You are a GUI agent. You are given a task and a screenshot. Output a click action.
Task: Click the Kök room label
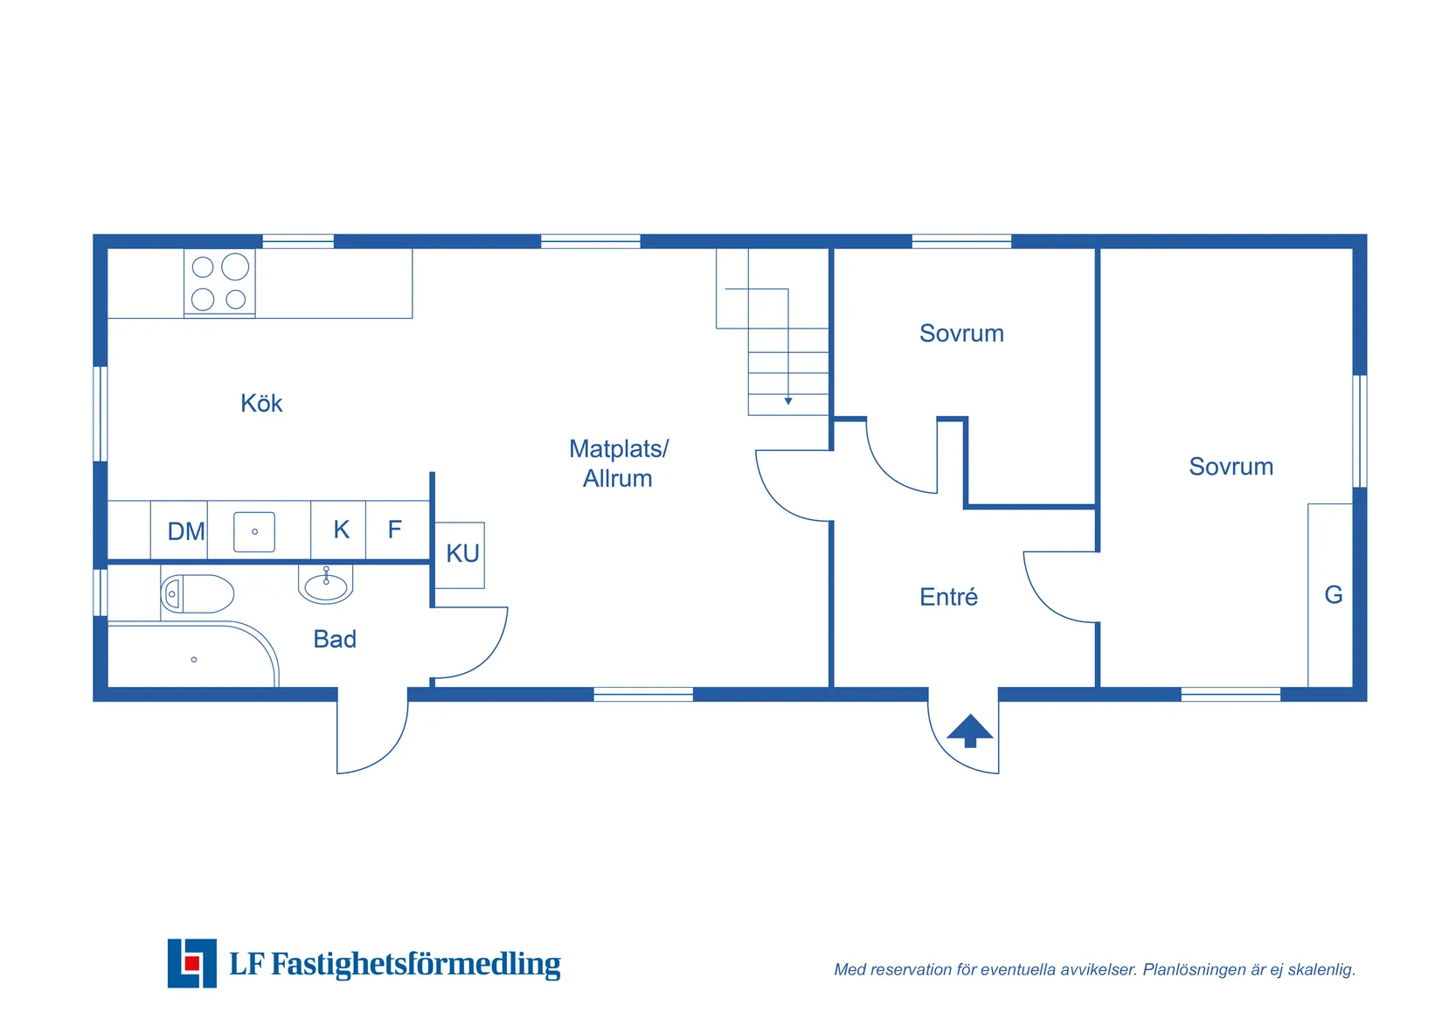tap(261, 404)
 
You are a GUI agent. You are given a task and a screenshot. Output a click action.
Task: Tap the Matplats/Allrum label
tap(619, 463)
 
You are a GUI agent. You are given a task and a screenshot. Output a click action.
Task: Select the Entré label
tap(948, 596)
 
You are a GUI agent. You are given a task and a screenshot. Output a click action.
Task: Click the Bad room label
tap(335, 639)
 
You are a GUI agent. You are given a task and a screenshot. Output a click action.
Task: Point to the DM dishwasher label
tap(186, 531)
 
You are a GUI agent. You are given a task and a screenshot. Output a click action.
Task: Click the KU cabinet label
tap(463, 553)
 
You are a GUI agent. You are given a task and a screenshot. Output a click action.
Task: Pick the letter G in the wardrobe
tap(1334, 595)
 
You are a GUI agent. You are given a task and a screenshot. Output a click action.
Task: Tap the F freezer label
tap(395, 529)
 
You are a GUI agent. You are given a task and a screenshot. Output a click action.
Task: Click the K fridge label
tap(341, 530)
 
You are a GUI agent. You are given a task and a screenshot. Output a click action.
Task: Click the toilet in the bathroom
tap(197, 593)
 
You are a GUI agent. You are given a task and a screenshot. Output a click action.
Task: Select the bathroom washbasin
tap(326, 586)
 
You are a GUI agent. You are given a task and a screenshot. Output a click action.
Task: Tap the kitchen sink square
tap(254, 531)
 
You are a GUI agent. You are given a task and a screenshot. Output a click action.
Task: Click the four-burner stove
tap(219, 283)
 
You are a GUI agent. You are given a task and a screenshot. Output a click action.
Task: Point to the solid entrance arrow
tap(970, 731)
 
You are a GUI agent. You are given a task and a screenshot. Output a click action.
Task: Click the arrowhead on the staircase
tap(788, 401)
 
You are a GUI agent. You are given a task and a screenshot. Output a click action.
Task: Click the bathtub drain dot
tap(194, 660)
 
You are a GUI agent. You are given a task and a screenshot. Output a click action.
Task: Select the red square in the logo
tap(192, 963)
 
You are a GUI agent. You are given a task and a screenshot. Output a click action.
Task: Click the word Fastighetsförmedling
tap(416, 964)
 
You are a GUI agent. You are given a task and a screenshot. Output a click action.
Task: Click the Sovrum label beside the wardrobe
tap(1231, 467)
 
